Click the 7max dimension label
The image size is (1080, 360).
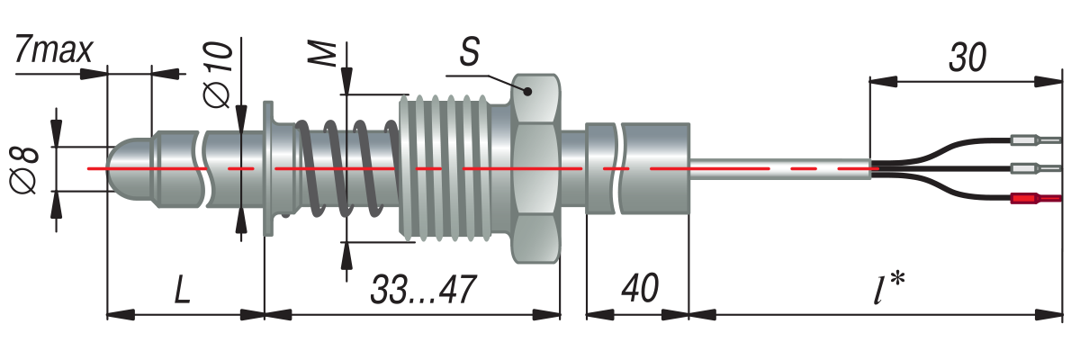pyautogui.click(x=53, y=50)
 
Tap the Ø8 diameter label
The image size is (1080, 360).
pyautogui.click(x=24, y=169)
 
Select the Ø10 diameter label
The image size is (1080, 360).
pyautogui.click(x=218, y=74)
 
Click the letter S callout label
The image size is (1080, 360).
pyautogui.click(x=469, y=51)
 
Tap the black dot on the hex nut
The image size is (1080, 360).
pyautogui.click(x=527, y=91)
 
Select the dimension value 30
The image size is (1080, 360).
pyautogui.click(x=967, y=58)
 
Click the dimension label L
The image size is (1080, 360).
pyautogui.click(x=182, y=289)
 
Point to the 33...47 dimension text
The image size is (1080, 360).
pyautogui.click(x=423, y=289)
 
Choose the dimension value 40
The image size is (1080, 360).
pyautogui.click(x=639, y=288)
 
